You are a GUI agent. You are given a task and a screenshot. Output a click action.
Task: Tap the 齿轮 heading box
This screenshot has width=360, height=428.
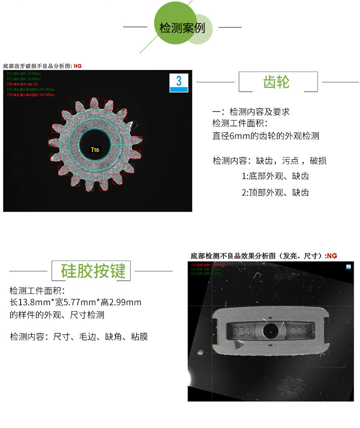pyautogui.click(x=278, y=82)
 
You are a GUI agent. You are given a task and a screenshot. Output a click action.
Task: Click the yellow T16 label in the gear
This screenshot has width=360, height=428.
pyautogui.click(x=95, y=150)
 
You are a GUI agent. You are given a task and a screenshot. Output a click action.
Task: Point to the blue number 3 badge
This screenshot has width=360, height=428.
pyautogui.click(x=179, y=82)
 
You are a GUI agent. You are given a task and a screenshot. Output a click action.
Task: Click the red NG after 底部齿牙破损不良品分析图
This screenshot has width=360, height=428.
pyautogui.click(x=78, y=65)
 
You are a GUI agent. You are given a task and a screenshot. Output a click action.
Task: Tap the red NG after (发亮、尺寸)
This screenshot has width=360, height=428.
pyautogui.click(x=331, y=256)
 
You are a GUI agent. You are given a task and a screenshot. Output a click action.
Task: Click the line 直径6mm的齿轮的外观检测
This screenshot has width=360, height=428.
pyautogui.click(x=265, y=136)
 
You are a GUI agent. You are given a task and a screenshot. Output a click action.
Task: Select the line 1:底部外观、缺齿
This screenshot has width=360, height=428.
pyautogui.click(x=275, y=176)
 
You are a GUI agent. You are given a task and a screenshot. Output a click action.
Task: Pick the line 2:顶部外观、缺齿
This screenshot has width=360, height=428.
pyautogui.click(x=275, y=192)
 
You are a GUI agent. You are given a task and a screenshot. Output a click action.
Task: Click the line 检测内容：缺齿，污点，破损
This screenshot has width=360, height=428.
pyautogui.click(x=270, y=160)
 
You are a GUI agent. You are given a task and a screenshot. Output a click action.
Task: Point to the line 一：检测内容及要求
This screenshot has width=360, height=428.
pyautogui.click(x=251, y=112)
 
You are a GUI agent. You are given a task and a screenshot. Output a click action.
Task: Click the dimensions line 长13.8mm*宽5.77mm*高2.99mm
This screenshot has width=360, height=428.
pyautogui.click(x=75, y=302)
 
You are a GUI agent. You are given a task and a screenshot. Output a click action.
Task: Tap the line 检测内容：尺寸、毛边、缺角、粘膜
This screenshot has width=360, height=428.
pyautogui.click(x=79, y=336)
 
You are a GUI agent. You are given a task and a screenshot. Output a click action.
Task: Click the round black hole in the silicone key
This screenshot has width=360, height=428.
pyautogui.click(x=270, y=330)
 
